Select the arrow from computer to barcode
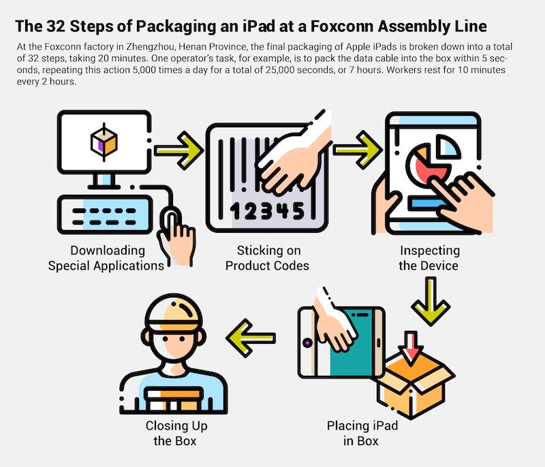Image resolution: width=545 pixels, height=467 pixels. (178, 146)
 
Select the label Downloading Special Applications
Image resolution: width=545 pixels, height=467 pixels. (106, 258)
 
